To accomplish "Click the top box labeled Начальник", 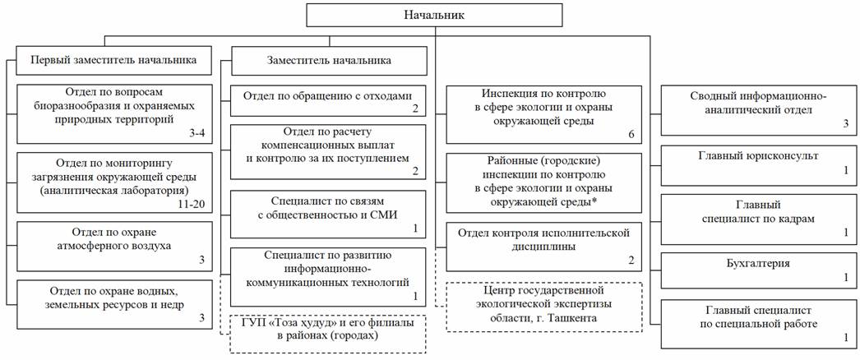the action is coord(433,15).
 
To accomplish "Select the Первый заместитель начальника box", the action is coord(113,60).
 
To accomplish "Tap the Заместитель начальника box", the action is coord(329,60).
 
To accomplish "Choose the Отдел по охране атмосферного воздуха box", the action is coord(113,245).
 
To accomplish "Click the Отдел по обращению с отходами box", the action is coord(329,100).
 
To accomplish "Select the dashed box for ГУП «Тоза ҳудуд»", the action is coord(329,333).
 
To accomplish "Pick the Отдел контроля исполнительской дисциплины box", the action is coord(543,247).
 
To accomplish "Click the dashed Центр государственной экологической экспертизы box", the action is coord(543,307).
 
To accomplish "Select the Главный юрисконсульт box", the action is coord(760,164).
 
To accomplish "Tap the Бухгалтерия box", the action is coord(760,270).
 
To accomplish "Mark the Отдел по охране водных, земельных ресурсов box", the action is coord(113,304).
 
